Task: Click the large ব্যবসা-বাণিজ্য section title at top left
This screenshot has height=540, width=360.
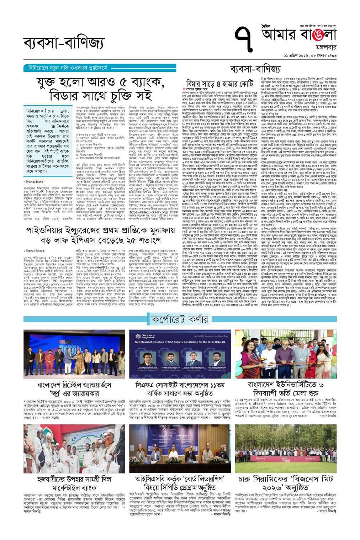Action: click(x=64, y=43)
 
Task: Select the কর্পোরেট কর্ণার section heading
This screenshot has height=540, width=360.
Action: click(x=180, y=319)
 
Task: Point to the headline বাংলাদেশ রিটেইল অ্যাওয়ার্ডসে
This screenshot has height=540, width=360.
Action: click(x=74, y=385)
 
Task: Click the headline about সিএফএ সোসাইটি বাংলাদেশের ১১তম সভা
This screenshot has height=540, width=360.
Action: click(x=180, y=389)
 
